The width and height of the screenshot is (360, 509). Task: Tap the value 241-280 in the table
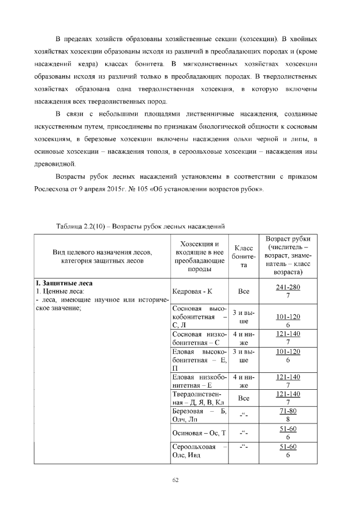[x=288, y=288]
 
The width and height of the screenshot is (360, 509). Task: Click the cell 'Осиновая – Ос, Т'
[x=199, y=433]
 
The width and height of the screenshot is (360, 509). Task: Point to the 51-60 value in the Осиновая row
[x=288, y=429]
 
